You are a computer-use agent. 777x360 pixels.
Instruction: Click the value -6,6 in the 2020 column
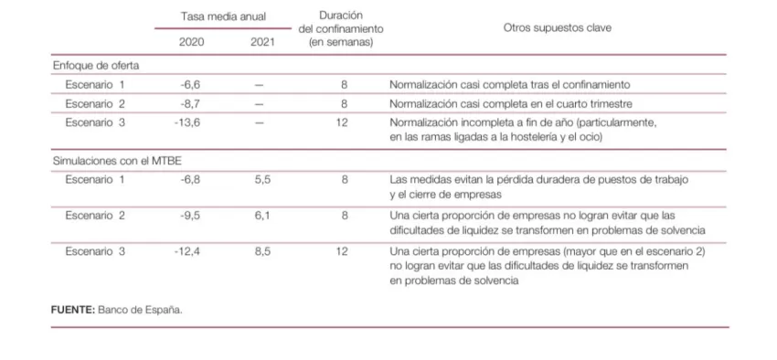(x=191, y=84)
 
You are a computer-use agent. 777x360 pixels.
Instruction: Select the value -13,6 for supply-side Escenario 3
(x=188, y=122)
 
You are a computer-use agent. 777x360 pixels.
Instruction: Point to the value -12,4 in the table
(x=187, y=250)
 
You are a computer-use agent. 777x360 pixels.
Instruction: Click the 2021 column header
(x=261, y=41)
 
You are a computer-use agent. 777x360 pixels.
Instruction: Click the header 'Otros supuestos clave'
(x=558, y=27)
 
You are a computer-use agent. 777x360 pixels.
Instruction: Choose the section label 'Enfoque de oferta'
(x=93, y=65)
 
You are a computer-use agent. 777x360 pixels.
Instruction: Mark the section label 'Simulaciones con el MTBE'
(x=111, y=161)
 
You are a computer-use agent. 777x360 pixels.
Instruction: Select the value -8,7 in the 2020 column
(x=191, y=102)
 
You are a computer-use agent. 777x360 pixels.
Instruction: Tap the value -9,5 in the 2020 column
(x=190, y=216)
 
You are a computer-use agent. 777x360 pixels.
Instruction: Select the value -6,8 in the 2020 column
(x=190, y=180)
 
